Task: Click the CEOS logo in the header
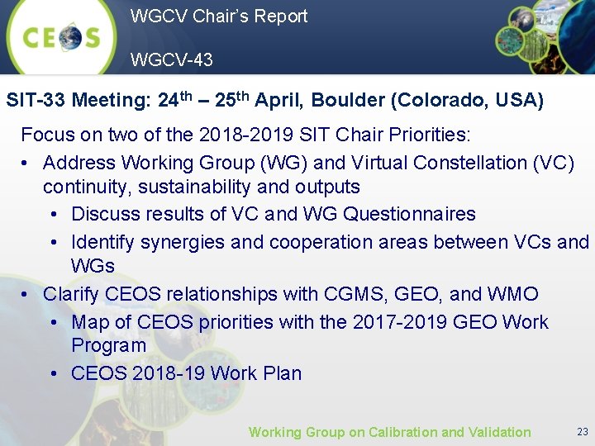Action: click(62, 37)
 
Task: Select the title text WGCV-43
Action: click(171, 59)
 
